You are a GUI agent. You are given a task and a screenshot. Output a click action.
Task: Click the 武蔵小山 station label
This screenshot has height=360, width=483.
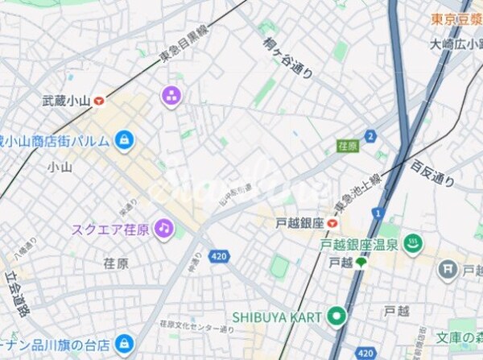click(66, 101)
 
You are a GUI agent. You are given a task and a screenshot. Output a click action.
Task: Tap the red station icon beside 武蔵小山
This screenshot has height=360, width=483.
click(99, 101)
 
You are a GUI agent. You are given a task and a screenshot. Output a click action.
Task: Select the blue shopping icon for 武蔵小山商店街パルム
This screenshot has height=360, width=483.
click(123, 140)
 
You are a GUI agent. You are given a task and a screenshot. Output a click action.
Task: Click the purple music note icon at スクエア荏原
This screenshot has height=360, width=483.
click(164, 229)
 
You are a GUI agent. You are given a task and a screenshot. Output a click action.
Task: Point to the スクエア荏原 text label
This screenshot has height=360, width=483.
click(110, 230)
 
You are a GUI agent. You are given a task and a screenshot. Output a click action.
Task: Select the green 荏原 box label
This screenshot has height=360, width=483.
click(347, 146)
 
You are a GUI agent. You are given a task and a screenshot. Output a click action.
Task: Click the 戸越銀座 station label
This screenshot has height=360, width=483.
click(299, 223)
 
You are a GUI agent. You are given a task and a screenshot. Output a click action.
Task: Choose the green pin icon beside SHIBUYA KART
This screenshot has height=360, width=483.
click(336, 316)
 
